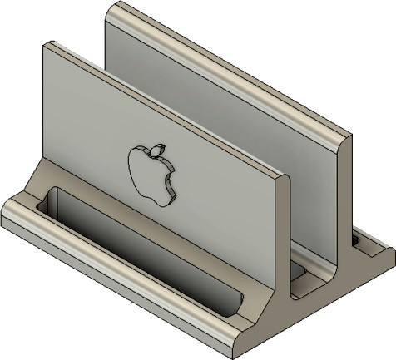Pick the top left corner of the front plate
coord(48,43)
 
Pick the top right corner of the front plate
coord(285,175)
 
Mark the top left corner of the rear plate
coord(112,6)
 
